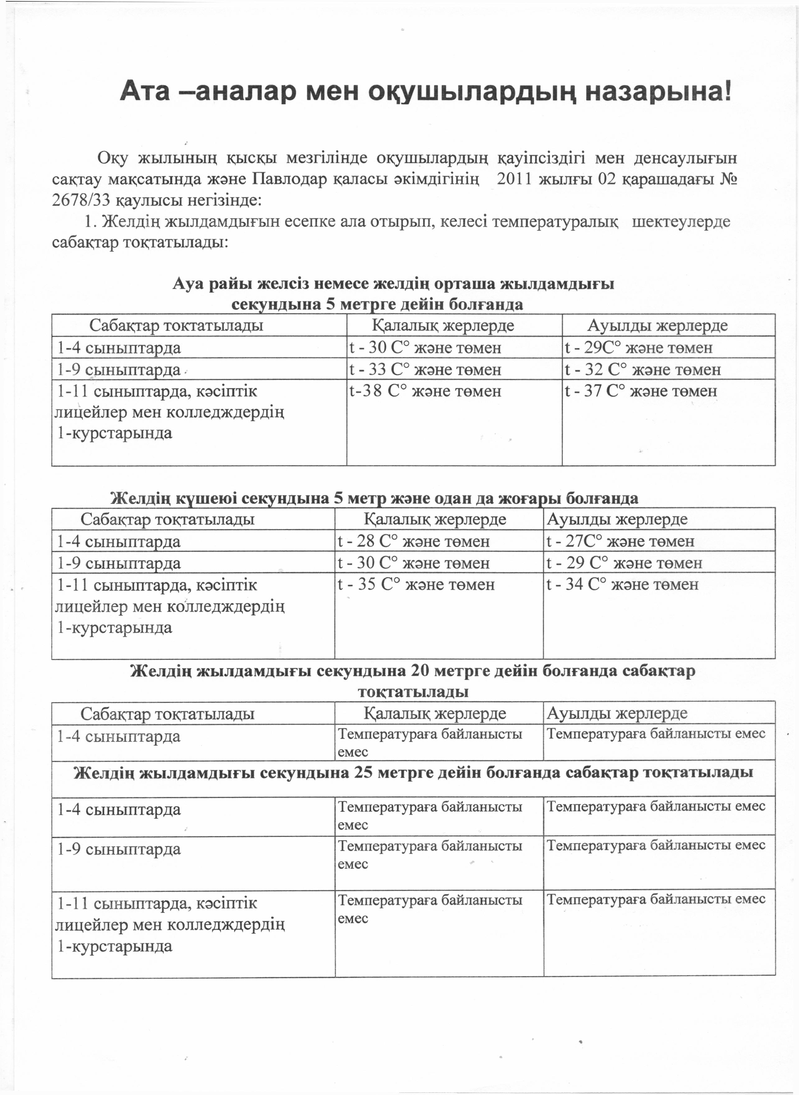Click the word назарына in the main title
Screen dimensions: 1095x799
pos(658,92)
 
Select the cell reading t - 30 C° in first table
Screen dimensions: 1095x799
pos(425,348)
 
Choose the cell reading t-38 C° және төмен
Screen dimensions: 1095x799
pos(425,391)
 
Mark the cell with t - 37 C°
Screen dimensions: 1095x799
pos(641,391)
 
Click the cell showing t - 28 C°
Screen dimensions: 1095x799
pos(414,541)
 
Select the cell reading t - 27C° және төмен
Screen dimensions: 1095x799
pos(620,541)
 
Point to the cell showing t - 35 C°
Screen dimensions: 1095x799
pos(416,585)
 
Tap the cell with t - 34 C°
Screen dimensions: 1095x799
pos(622,585)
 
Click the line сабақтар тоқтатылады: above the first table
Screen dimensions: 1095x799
pos(140,242)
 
